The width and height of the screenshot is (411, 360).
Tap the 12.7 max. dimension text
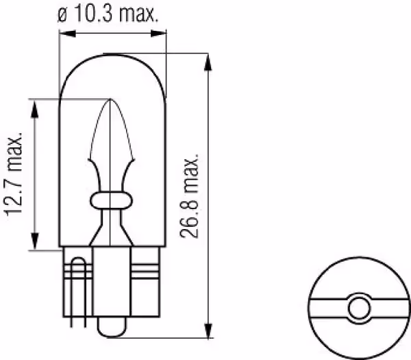coord(14,174)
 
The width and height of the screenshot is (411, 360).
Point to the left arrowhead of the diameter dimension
coord(67,34)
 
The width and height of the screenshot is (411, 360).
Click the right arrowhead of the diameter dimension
coord(158,34)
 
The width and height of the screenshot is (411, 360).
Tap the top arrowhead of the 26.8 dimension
coord(208,62)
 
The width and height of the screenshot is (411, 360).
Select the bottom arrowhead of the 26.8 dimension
coord(208,330)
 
